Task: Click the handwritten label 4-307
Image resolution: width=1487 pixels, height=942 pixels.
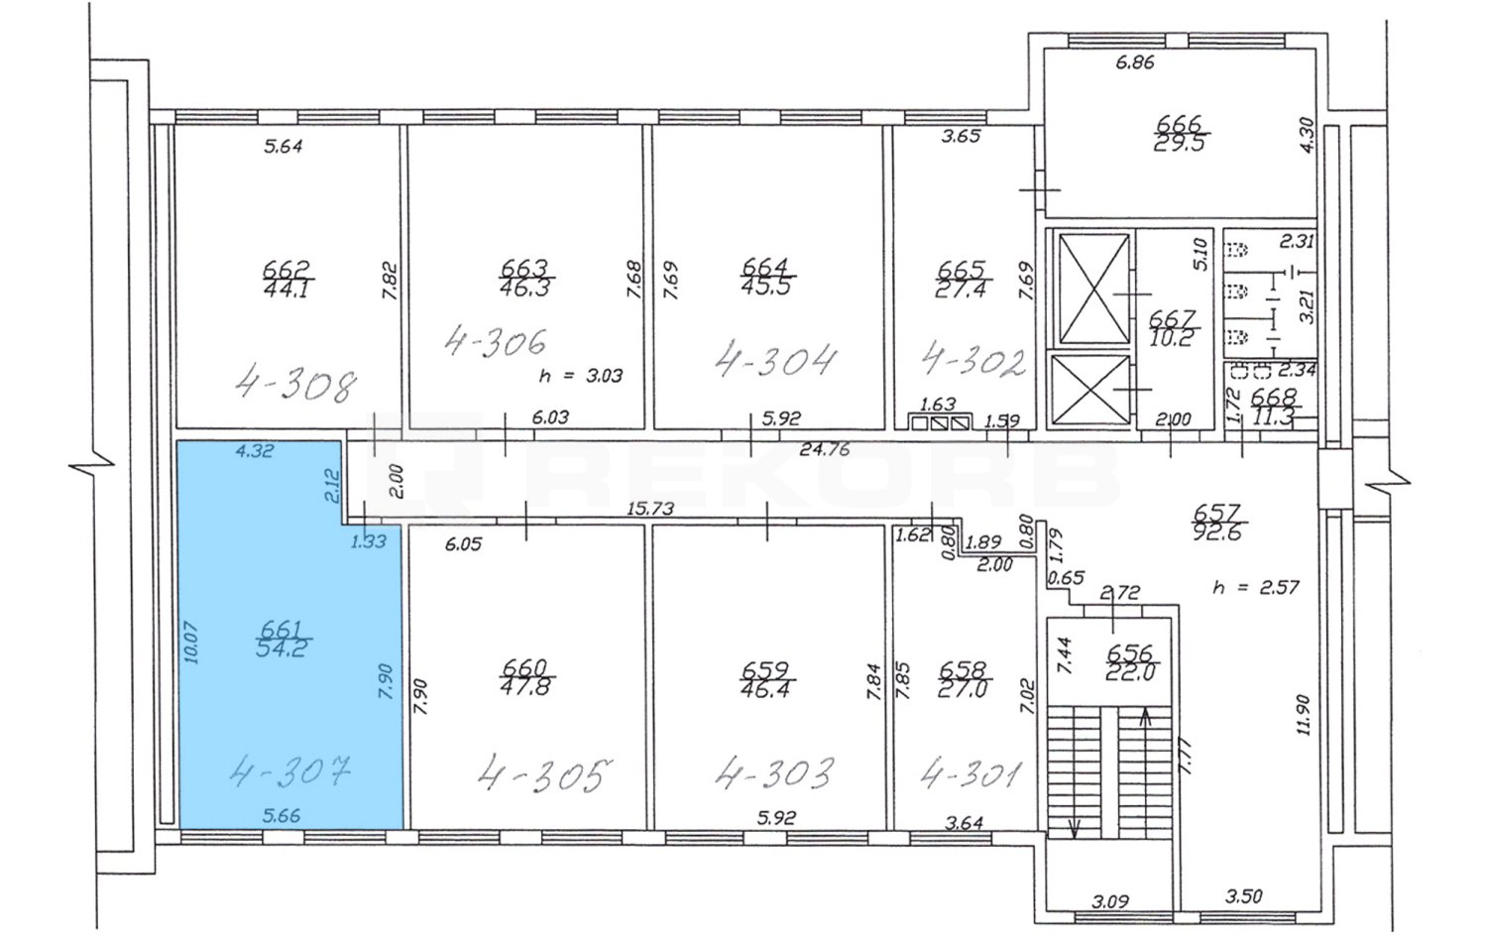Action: coord(289,772)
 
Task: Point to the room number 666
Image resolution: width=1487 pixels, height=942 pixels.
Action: coord(1179,124)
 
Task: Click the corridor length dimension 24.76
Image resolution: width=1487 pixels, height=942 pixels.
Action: coord(825,449)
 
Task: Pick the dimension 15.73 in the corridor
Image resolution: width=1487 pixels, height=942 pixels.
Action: coord(651,509)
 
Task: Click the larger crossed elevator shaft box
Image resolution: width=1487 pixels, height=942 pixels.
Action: coord(1093,289)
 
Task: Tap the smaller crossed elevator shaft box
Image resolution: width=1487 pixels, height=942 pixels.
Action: coord(1089,389)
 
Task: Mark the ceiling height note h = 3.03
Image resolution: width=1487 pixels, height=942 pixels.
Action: coord(581,376)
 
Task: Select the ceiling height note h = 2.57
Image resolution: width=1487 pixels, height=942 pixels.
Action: coord(1255,587)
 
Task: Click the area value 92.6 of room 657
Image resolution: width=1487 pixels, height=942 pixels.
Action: coord(1216,532)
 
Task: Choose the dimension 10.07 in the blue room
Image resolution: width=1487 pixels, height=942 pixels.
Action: coord(192,642)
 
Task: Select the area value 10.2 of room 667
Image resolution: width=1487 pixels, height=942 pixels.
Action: coord(1173,338)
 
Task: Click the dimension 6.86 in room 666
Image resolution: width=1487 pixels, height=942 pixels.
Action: coord(1135,62)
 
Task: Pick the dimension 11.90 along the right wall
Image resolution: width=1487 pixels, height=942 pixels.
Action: coord(1305,714)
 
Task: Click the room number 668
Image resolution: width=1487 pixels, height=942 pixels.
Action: coord(1273,397)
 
